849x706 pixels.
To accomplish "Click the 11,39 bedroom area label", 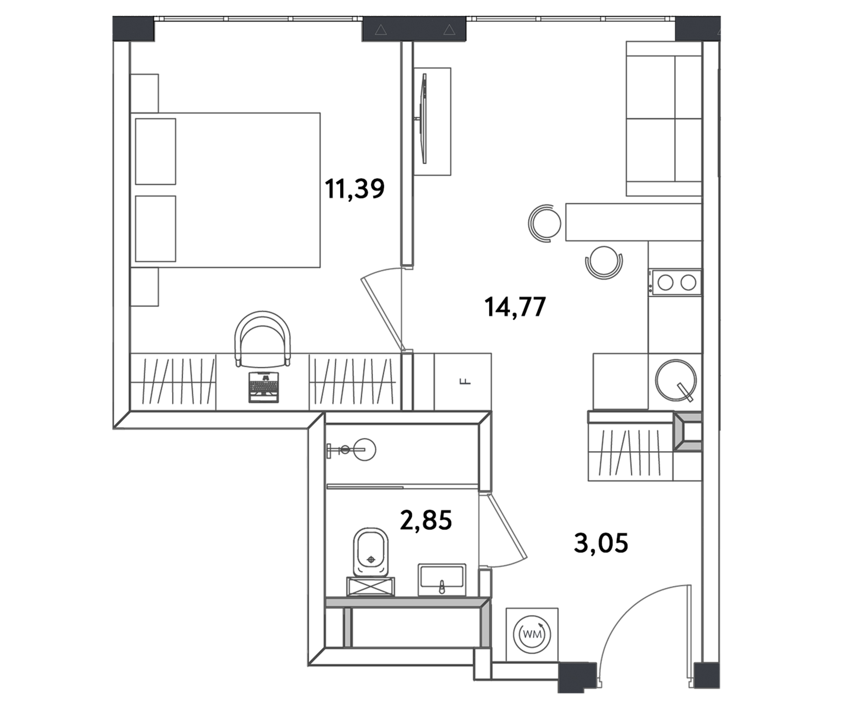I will (x=354, y=189).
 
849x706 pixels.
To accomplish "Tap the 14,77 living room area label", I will (x=514, y=307).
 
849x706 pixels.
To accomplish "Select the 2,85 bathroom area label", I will (x=426, y=521).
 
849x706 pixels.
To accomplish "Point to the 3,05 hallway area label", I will (x=601, y=544).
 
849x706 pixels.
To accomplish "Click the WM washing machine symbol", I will (x=532, y=634).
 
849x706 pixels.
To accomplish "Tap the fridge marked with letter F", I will (x=463, y=381).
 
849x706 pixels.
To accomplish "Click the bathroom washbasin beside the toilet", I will (x=442, y=579).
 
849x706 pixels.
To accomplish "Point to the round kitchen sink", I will (x=675, y=380).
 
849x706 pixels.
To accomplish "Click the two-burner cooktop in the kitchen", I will (x=677, y=282).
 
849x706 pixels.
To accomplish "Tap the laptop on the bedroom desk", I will (x=264, y=387).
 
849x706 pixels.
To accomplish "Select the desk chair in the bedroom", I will (x=263, y=338).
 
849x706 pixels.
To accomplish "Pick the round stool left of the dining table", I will (x=545, y=223).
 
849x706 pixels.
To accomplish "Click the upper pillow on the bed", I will (x=155, y=151).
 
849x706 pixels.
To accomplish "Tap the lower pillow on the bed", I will (x=155, y=228).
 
